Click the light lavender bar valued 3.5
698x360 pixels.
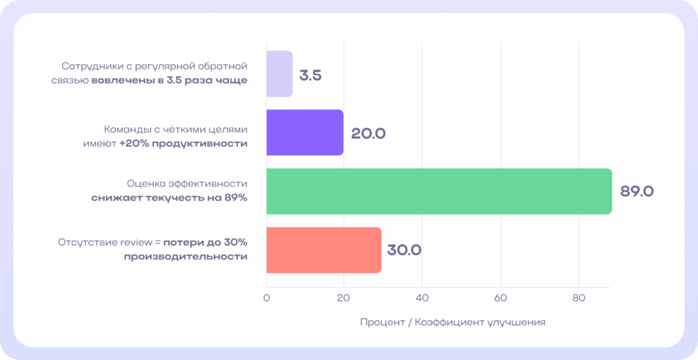click(x=279, y=74)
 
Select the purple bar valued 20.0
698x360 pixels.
click(x=305, y=132)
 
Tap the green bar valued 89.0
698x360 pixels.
click(x=438, y=191)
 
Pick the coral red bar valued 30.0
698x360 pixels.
click(x=324, y=250)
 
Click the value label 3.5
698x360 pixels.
click(x=310, y=75)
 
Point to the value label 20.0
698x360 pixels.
click(x=368, y=134)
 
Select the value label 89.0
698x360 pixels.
click(x=637, y=192)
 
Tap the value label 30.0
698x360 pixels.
click(x=404, y=250)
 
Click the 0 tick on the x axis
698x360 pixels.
click(x=267, y=298)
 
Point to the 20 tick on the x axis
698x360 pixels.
click(x=344, y=298)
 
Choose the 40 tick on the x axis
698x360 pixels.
click(x=423, y=298)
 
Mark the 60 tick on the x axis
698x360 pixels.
click(x=501, y=298)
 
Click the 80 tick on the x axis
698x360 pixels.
click(x=579, y=298)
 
